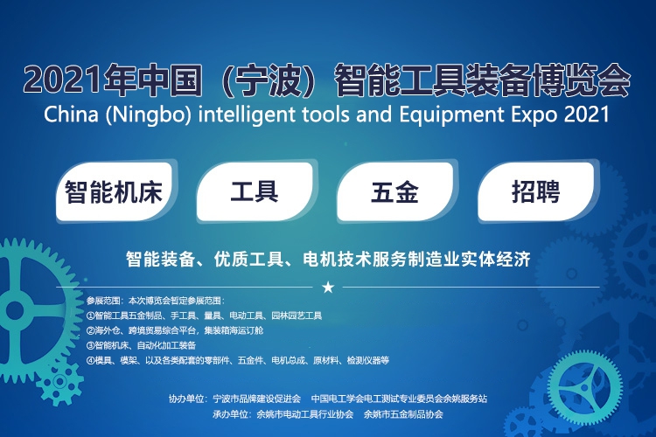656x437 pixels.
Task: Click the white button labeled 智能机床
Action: (x=115, y=192)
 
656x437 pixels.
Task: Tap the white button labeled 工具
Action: (x=255, y=192)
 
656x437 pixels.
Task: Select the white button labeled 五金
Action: (x=395, y=192)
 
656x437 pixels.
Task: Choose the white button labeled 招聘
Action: (x=536, y=192)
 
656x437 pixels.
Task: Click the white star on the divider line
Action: (x=328, y=288)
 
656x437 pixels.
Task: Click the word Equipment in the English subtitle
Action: (x=452, y=115)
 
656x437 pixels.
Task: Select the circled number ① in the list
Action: (x=90, y=316)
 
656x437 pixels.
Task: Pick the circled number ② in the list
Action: (x=90, y=330)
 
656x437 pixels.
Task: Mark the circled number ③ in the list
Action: (x=90, y=345)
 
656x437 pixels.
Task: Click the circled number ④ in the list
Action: (x=90, y=360)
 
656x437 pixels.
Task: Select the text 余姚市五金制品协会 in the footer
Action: (x=403, y=415)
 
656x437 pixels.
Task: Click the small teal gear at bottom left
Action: (x=59, y=381)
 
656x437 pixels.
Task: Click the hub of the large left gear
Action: (x=15, y=310)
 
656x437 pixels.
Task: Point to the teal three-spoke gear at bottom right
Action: (x=585, y=388)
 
